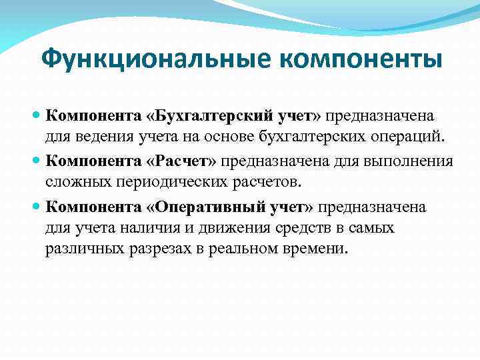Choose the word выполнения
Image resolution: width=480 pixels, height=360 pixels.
coord(411,161)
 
